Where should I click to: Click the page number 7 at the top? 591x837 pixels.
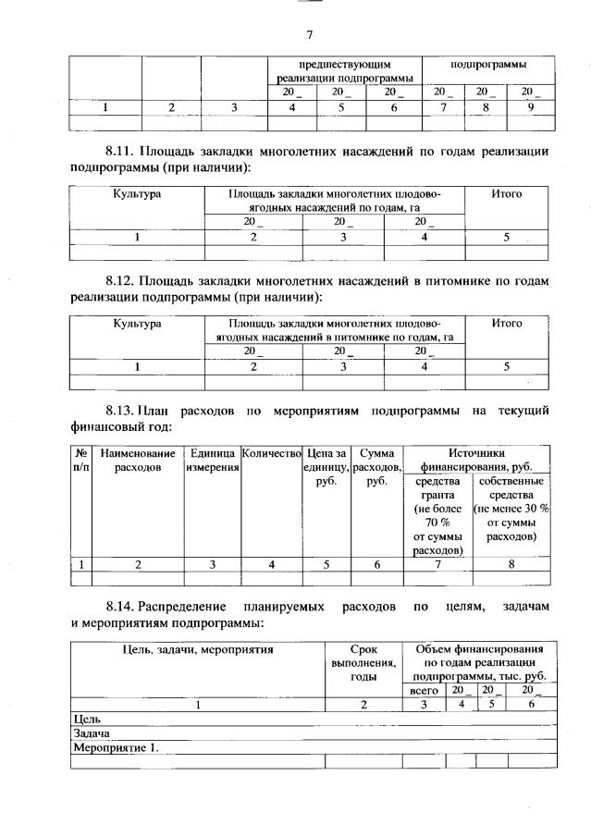(310, 34)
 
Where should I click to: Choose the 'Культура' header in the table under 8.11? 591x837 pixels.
(137, 194)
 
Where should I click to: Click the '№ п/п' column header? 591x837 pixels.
(80, 461)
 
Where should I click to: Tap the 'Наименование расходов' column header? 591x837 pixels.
(137, 461)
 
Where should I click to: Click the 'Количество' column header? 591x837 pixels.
(271, 454)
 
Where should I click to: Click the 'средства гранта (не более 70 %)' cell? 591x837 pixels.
(439, 515)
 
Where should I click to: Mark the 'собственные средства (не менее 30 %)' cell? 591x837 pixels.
(511, 509)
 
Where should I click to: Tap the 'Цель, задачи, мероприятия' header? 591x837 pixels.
(198, 649)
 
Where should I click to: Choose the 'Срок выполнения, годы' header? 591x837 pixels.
(363, 662)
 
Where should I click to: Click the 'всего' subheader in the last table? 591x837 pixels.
(424, 691)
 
